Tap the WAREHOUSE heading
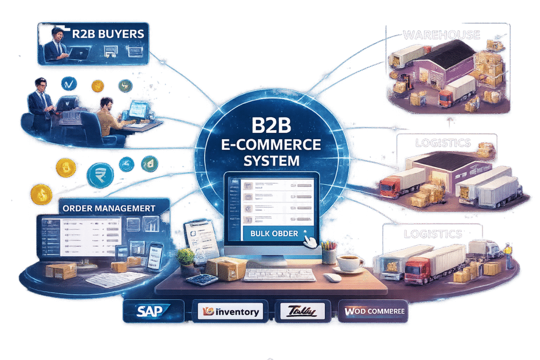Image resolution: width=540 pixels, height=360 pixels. click(x=441, y=35)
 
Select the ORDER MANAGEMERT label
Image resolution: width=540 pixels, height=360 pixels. click(x=109, y=208)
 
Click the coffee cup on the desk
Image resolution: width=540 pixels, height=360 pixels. click(x=349, y=262)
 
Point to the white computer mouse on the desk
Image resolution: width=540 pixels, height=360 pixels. click(x=332, y=277)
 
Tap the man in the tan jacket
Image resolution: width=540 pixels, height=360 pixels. click(x=111, y=114)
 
